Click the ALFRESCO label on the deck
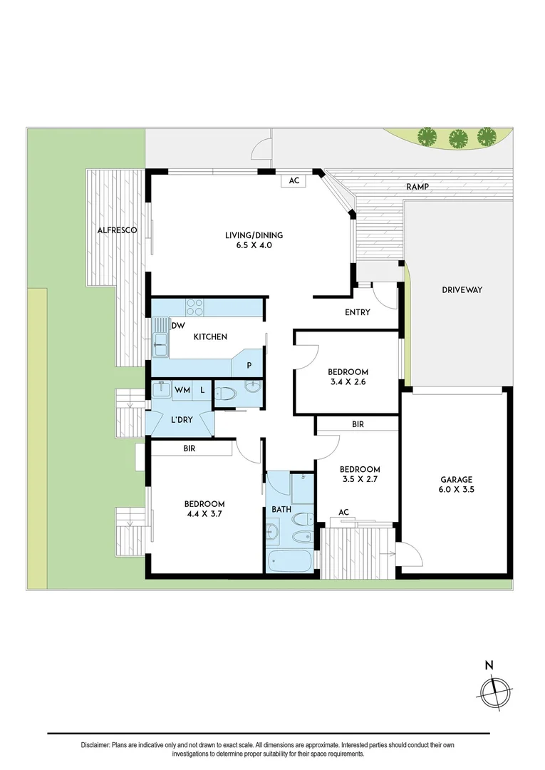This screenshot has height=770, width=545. click(117, 230)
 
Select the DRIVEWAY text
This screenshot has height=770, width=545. click(462, 290)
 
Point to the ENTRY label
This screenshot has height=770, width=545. click(357, 312)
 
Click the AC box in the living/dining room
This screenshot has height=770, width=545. click(294, 181)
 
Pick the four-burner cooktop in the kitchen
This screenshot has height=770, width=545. click(194, 307)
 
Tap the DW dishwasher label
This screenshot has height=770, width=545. click(178, 326)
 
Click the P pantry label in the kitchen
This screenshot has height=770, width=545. click(249, 365)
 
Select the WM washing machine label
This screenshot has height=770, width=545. click(182, 390)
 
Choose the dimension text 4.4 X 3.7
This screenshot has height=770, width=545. click(204, 514)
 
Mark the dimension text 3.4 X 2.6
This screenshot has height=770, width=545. click(348, 383)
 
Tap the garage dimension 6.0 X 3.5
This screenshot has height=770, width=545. click(456, 491)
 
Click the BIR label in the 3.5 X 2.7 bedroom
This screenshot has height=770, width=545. click(358, 424)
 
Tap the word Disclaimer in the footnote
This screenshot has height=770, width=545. click(95, 745)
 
